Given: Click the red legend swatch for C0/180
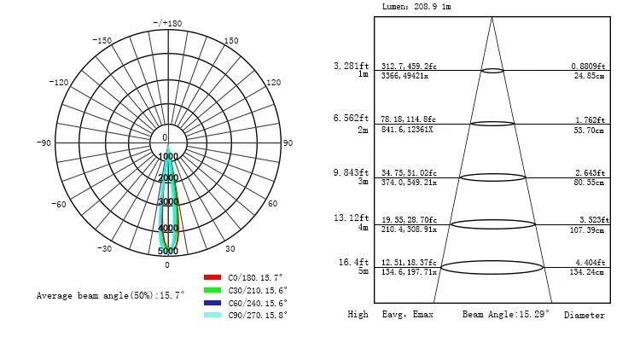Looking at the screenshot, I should (x=212, y=278).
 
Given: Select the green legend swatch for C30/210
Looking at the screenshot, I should (x=212, y=290).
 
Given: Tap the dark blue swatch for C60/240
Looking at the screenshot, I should (x=212, y=303).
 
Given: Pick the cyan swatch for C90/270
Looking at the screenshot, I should (x=212, y=315).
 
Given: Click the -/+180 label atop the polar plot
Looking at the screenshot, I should (x=167, y=23).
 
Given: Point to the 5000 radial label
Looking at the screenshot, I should (x=168, y=251).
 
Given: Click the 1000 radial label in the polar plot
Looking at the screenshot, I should (x=168, y=157).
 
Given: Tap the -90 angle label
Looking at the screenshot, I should (x=44, y=143).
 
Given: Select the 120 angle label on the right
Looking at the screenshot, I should (x=274, y=83).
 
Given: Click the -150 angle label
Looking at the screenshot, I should (x=102, y=41).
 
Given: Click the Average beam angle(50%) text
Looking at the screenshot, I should (x=110, y=296).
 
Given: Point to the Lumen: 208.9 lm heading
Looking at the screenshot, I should (x=417, y=7).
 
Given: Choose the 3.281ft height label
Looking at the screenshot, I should (x=351, y=65).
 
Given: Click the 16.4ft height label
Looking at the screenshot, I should (x=353, y=262).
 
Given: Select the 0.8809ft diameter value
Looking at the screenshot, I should (x=588, y=66).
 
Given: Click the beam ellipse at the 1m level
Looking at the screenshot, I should (x=492, y=71).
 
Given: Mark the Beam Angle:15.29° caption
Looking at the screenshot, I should (x=506, y=315).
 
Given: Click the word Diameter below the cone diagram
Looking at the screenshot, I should (x=584, y=316).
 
